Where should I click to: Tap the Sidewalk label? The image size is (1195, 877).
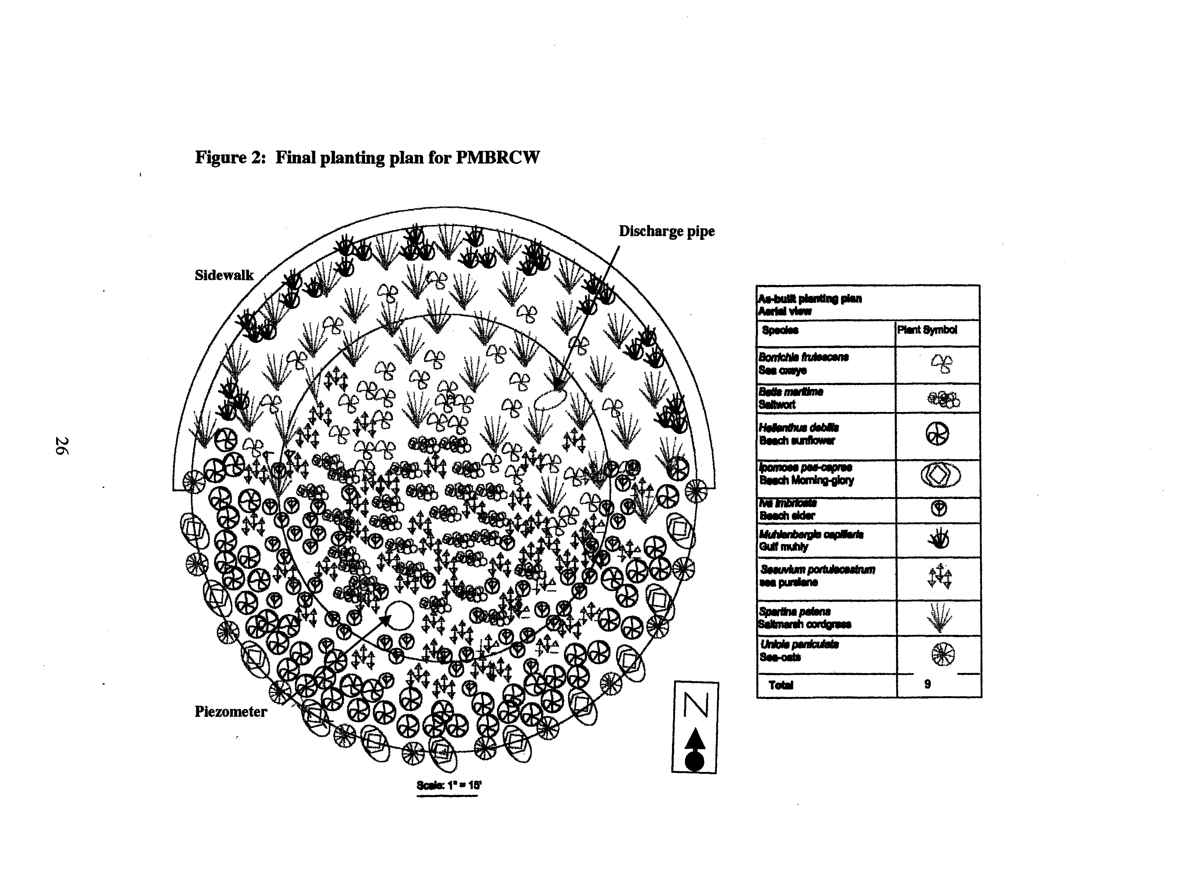(x=224, y=275)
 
